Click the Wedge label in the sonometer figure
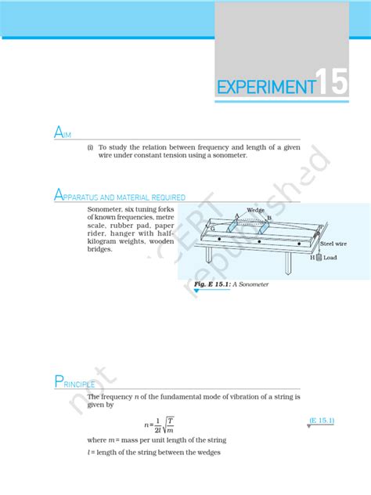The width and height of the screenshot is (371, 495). coord(255,210)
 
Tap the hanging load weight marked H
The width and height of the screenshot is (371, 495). coord(319,257)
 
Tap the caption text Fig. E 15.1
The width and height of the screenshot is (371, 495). coord(211,284)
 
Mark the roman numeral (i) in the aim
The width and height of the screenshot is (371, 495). coord(91,146)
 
